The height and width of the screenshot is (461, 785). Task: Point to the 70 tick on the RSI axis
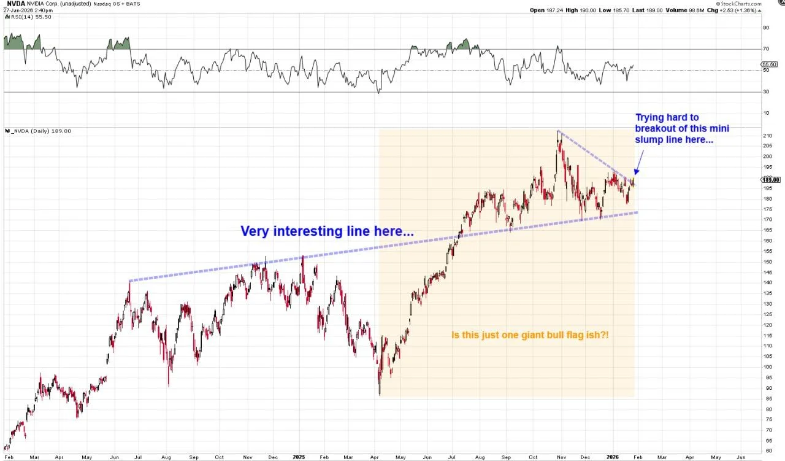(765, 49)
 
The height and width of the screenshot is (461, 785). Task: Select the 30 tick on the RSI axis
(765, 92)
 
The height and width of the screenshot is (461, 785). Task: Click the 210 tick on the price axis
(767, 135)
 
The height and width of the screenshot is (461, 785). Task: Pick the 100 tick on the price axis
(767, 366)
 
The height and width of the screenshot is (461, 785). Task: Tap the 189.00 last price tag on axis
(770, 179)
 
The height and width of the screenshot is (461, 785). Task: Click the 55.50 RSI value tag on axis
(769, 64)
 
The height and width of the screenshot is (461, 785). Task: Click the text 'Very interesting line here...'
(326, 231)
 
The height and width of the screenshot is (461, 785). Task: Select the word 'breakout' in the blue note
(658, 128)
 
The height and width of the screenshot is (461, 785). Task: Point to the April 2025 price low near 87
(380, 393)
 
